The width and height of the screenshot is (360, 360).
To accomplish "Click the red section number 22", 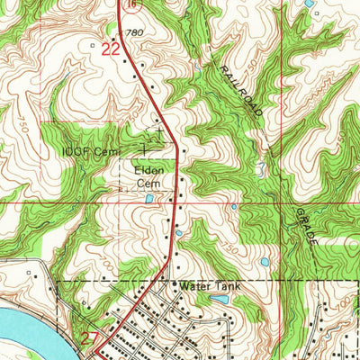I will (x=110, y=50).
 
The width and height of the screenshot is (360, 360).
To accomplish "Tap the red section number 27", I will (x=88, y=338).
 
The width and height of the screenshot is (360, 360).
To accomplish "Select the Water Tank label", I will (x=206, y=285).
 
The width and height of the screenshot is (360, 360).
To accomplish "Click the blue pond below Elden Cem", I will (x=148, y=197).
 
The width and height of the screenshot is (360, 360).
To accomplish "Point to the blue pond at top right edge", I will (x=310, y=4).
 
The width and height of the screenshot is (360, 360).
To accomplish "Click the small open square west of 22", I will (x=92, y=42).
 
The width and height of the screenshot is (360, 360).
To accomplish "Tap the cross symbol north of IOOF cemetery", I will (x=159, y=131).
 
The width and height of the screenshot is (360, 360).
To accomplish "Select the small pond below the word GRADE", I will (x=265, y=263).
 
